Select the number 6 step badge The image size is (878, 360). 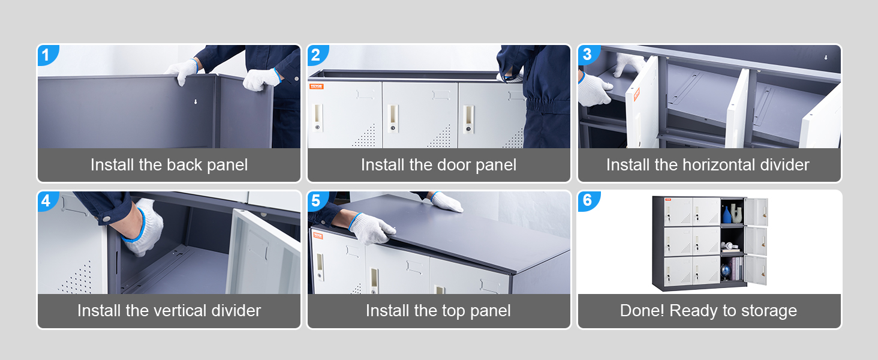pyautogui.click(x=587, y=200)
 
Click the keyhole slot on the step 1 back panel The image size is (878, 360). pyautogui.click(x=196, y=102)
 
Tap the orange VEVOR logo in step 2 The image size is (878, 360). pyautogui.click(x=316, y=86)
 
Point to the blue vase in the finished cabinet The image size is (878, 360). pyautogui.click(x=727, y=214)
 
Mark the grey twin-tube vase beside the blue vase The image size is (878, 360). pyautogui.click(x=736, y=213)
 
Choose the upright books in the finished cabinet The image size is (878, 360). pyautogui.click(x=738, y=268)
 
